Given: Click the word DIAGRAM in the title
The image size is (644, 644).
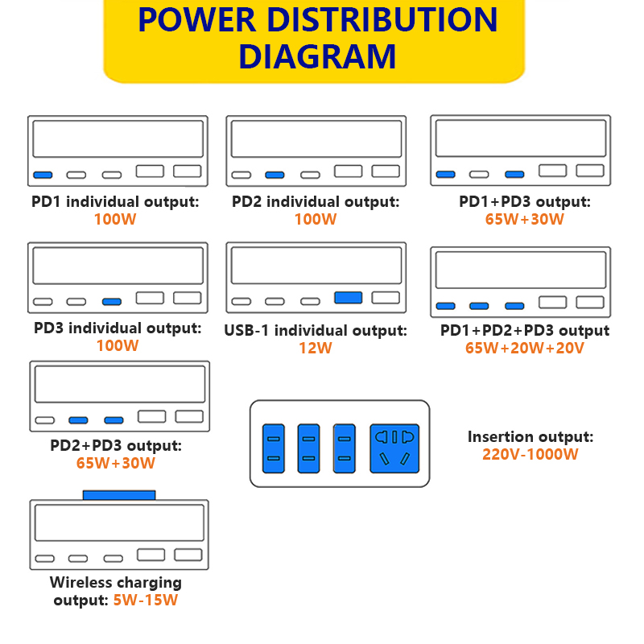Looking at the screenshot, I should point(318,56).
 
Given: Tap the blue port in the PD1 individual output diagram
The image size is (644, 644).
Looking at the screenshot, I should point(43,175).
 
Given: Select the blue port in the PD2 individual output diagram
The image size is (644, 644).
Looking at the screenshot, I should point(275,175).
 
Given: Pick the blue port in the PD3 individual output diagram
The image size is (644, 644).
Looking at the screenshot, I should point(111,302).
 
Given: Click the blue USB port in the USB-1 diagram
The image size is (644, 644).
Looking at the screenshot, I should point(348,298).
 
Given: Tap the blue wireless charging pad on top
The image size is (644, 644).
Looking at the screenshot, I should point(119,494).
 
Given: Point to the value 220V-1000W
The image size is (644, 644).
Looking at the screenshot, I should point(530,454).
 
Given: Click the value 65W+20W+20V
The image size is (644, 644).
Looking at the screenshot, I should point(524,349).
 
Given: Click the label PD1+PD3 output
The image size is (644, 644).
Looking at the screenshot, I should point(525,201).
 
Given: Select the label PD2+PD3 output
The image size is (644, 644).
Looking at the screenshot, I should point(116,445).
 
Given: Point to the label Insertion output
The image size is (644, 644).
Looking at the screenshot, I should point(530,437).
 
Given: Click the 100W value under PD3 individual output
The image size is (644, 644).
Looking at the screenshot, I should point(117,346).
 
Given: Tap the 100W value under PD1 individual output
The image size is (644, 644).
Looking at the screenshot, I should point(115,219).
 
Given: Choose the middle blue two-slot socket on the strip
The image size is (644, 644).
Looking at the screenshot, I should point(308,448).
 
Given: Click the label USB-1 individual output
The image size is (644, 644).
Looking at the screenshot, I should point(316,331).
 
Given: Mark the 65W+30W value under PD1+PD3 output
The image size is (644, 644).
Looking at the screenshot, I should point(525,219).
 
